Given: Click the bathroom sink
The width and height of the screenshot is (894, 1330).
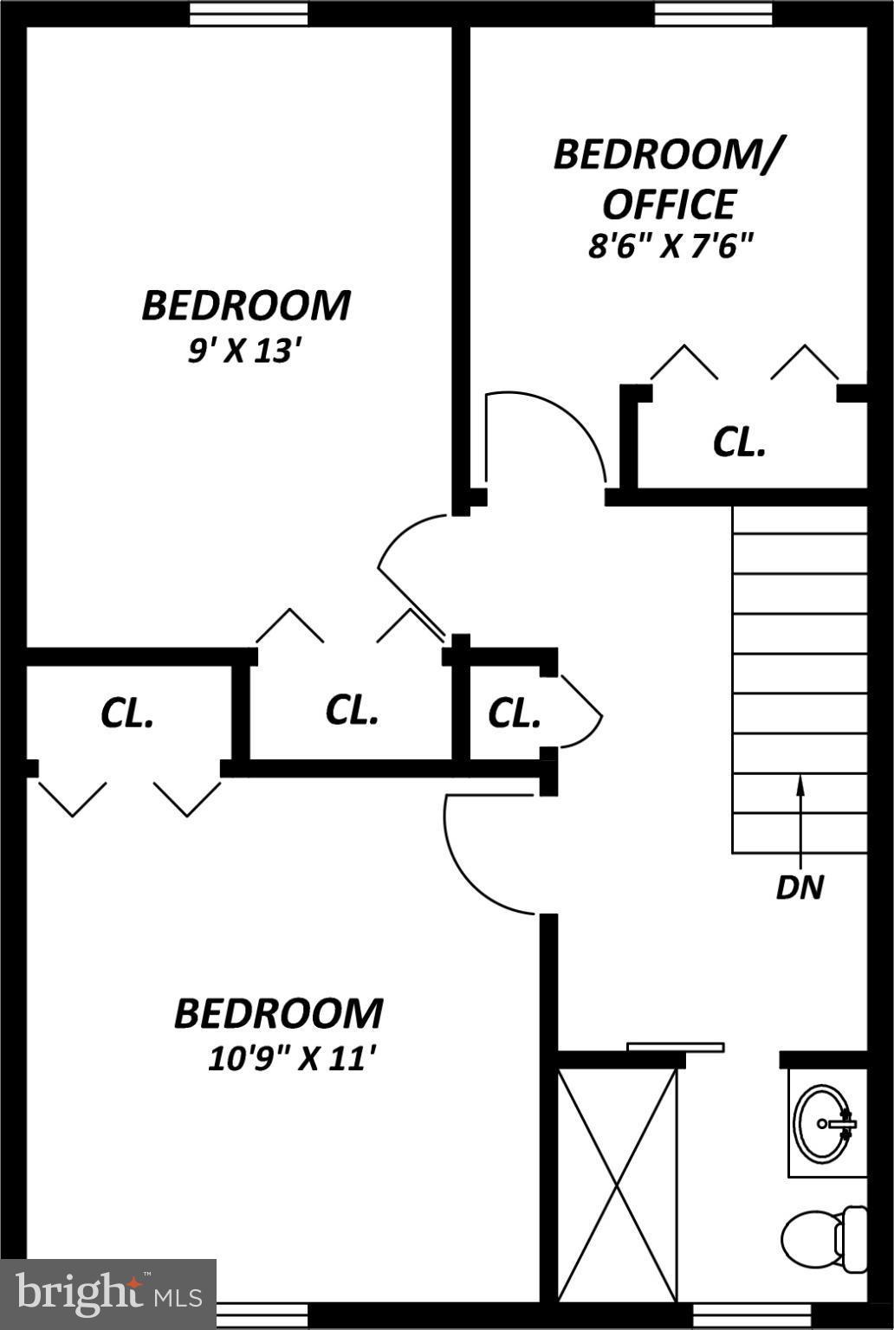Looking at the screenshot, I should (x=823, y=1123).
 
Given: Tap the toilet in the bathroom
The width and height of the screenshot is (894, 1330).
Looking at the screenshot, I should (x=819, y=1238).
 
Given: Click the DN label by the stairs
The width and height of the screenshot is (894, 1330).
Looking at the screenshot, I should (x=800, y=887).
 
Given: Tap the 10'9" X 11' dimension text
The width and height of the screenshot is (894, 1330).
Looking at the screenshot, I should (x=293, y=1058).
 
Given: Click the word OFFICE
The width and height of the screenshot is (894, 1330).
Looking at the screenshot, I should (x=669, y=204).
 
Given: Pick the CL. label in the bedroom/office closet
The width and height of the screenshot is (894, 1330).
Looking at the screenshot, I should (x=739, y=442).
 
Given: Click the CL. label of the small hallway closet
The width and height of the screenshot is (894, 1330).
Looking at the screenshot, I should (x=515, y=713).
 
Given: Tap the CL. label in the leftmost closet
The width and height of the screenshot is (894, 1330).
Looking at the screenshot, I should (x=127, y=713).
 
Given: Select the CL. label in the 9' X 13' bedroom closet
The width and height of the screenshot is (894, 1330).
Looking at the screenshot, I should (x=352, y=710).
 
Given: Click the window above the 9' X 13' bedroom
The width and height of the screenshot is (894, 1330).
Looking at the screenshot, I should (x=249, y=14).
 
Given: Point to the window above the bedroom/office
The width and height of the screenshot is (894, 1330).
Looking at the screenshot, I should (x=713, y=14).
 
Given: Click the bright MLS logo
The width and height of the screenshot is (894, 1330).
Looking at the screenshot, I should (x=108, y=1294).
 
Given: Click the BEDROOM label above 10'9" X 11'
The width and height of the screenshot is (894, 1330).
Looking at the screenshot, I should (x=278, y=1014).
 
